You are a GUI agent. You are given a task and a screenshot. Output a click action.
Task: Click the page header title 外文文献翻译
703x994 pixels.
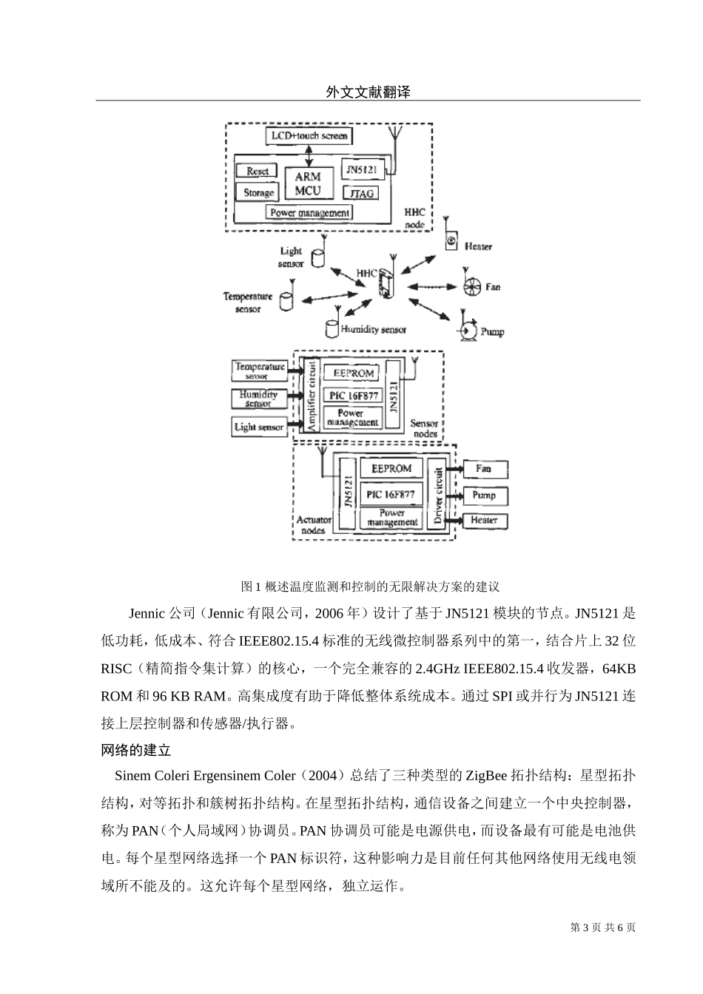[368, 92]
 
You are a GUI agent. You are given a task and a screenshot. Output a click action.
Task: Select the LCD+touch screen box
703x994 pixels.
[309, 136]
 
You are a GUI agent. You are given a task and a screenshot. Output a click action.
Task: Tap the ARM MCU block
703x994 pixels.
[308, 183]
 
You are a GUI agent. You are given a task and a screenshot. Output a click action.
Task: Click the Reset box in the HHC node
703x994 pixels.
[257, 171]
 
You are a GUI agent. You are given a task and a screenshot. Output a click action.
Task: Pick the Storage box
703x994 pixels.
[258, 193]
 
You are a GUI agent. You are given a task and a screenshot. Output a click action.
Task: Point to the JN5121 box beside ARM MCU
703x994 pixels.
[362, 170]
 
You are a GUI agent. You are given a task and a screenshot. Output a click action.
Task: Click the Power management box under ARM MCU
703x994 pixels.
[309, 213]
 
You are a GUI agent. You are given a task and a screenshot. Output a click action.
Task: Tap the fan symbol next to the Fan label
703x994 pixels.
[471, 286]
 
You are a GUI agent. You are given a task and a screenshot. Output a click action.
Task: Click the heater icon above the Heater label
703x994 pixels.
[451, 240]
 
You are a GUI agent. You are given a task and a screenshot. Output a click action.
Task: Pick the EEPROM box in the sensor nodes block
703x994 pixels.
[352, 373]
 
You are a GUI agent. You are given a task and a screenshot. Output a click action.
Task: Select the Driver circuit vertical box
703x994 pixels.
[437, 496]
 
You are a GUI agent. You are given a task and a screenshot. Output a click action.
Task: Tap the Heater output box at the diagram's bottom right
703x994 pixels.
[484, 521]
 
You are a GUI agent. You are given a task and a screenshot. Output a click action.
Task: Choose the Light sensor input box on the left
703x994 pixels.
[259, 427]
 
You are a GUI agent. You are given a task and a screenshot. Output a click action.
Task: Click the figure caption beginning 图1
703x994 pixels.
[370, 586]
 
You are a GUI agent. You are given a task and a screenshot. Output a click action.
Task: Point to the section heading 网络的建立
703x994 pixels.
[136, 750]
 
